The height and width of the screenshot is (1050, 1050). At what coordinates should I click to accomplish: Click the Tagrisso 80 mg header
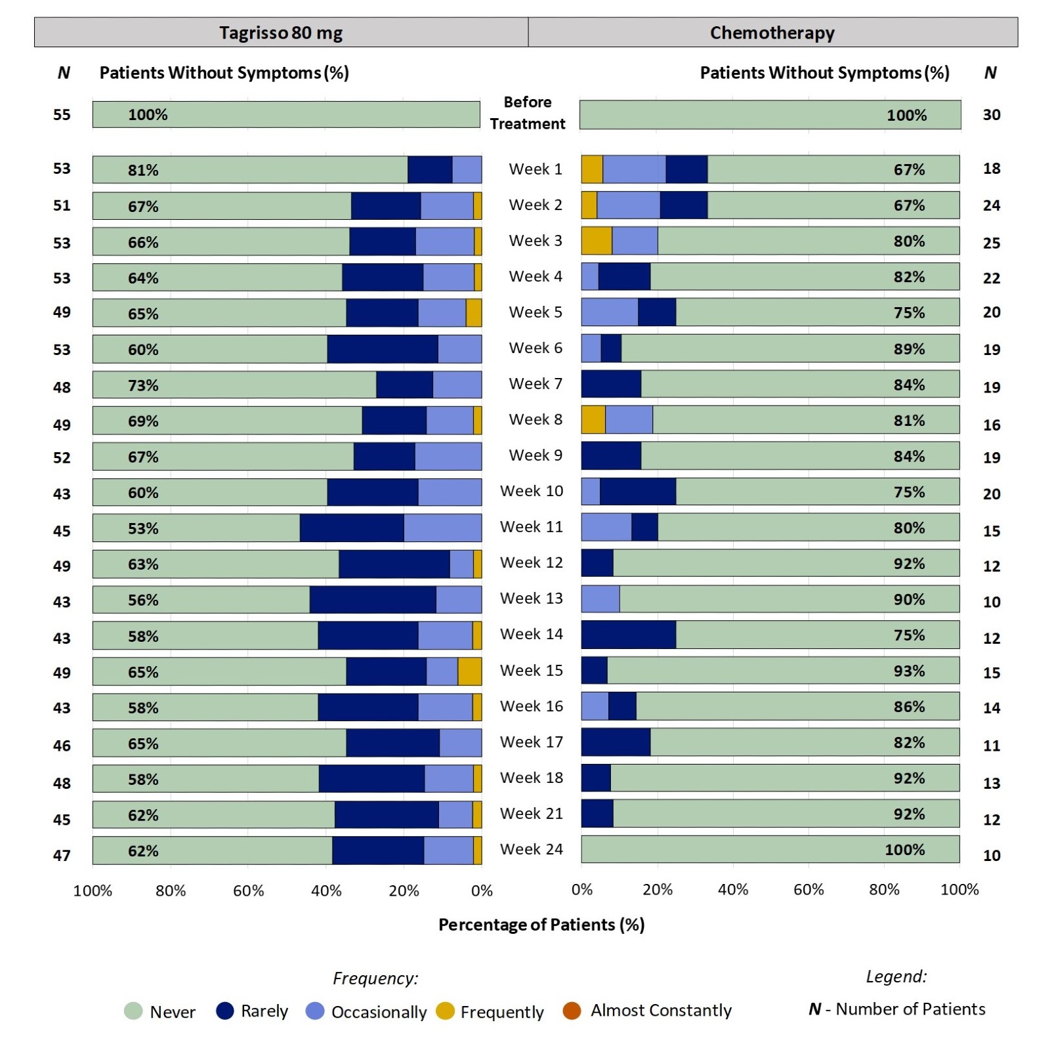[x=281, y=33]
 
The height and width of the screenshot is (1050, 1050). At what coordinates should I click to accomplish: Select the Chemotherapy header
[x=772, y=33]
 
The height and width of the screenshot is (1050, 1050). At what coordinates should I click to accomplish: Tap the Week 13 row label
[x=531, y=598]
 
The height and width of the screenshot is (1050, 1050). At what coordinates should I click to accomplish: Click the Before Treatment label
[x=527, y=113]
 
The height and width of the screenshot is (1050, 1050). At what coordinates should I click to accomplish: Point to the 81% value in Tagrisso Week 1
[x=143, y=171]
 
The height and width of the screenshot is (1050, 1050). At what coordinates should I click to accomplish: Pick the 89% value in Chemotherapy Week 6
[x=909, y=349]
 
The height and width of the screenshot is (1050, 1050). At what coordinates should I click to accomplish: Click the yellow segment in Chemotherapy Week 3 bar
[x=597, y=241]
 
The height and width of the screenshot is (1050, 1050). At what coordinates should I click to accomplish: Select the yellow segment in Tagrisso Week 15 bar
[x=470, y=671]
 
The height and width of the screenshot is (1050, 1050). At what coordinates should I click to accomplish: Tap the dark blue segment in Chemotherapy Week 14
[x=629, y=635]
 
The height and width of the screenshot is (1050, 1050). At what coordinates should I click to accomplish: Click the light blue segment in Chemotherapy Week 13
[x=600, y=598]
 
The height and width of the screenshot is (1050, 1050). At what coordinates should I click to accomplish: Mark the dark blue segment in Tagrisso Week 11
[x=352, y=528]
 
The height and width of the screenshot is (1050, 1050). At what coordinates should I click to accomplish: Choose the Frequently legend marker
[x=446, y=1011]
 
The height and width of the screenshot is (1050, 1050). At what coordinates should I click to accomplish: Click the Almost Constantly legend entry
[x=660, y=1011]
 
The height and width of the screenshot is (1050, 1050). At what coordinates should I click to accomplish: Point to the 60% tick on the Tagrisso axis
[x=249, y=891]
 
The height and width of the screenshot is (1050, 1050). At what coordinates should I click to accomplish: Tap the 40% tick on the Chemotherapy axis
[x=733, y=890]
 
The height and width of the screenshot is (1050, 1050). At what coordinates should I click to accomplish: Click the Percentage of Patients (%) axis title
[x=541, y=925]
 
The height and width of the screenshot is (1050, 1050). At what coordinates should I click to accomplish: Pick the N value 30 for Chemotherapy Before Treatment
[x=991, y=115]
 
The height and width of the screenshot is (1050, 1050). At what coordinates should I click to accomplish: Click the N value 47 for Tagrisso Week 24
[x=62, y=855]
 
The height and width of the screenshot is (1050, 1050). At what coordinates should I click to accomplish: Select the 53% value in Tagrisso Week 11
[x=143, y=529]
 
